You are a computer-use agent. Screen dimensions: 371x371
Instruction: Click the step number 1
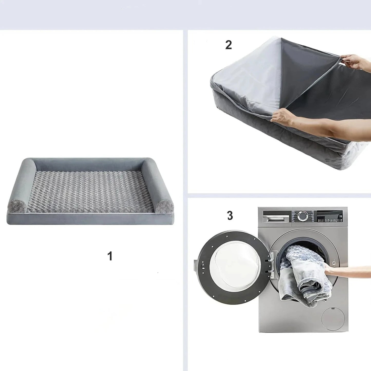tap(110, 256)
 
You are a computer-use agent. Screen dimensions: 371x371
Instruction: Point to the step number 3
tap(230, 215)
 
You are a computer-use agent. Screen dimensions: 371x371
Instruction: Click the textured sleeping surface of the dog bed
tap(90, 191)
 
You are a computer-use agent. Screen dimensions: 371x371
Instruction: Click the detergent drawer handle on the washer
tap(277, 218)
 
